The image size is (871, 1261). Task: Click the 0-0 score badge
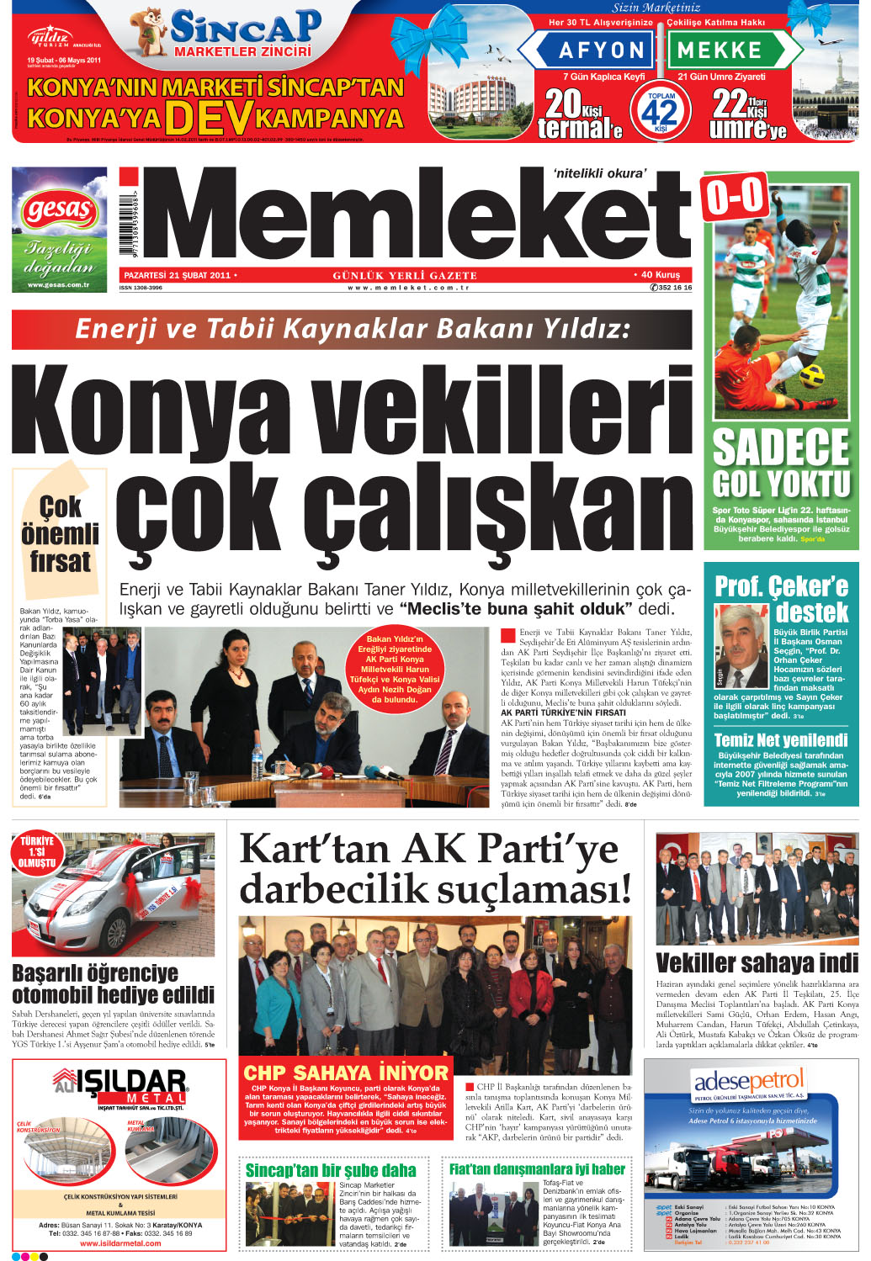pyautogui.click(x=735, y=198)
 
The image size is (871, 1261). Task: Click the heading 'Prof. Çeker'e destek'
pyautogui.click(x=782, y=598)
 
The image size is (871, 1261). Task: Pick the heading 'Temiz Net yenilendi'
pyautogui.click(x=781, y=740)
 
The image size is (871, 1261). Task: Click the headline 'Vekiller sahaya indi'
pyautogui.click(x=757, y=963)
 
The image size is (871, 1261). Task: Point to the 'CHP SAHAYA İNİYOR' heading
pyautogui.click(x=346, y=1073)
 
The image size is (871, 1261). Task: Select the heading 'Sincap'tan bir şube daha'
pyautogui.click(x=331, y=1170)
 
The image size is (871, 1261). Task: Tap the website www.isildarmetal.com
pyautogui.click(x=120, y=1242)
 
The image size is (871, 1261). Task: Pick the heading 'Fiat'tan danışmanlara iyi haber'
pyautogui.click(x=537, y=1169)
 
